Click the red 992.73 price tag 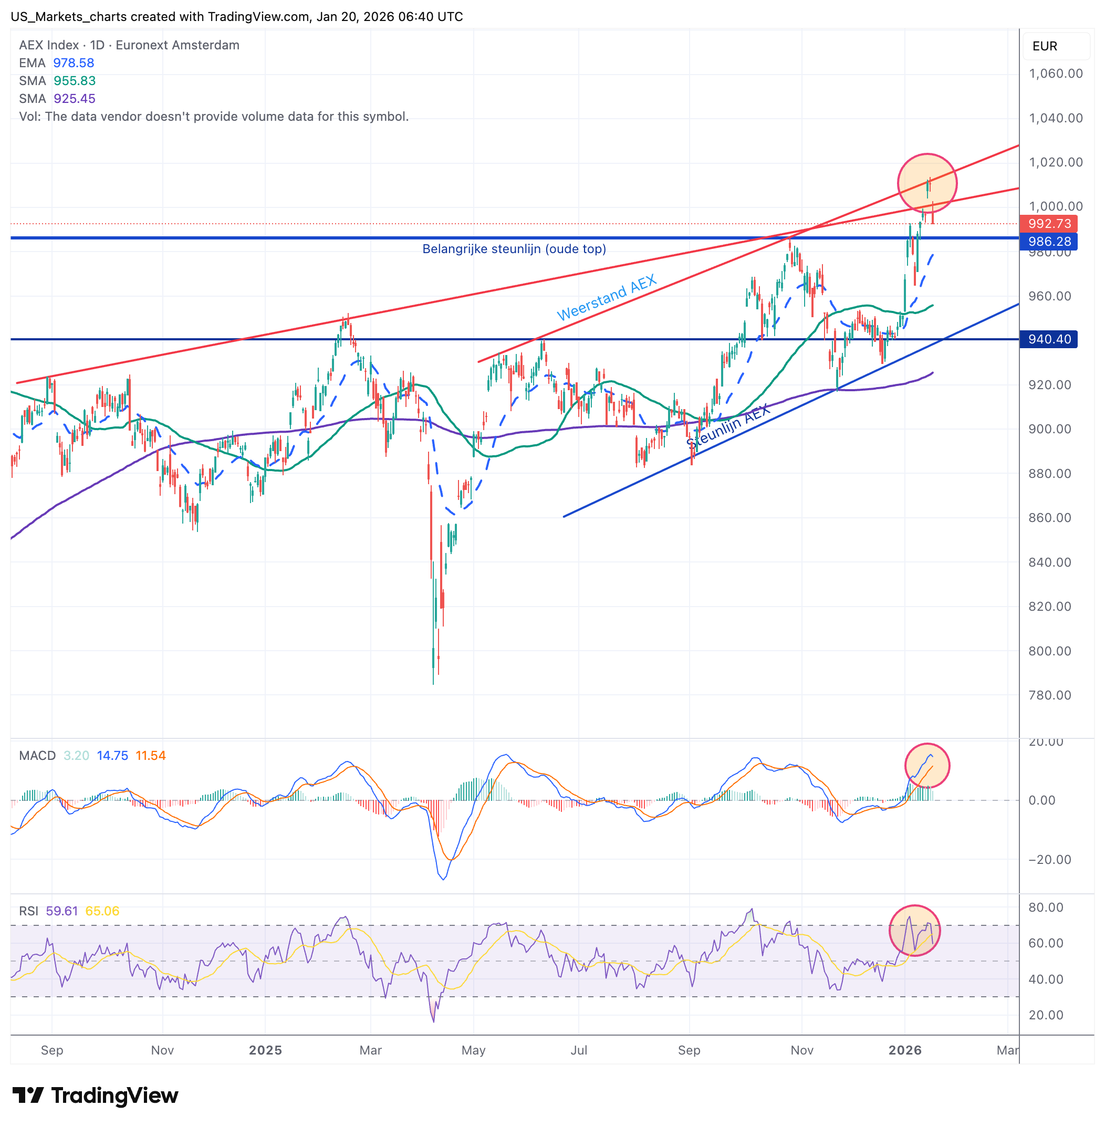coord(1049,223)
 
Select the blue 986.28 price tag coord(1049,242)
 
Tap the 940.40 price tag coord(1049,339)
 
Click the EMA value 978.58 coord(74,62)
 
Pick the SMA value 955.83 coord(74,81)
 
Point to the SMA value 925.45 coord(74,99)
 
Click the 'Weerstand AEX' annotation coord(607,297)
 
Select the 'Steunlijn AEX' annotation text coord(729,426)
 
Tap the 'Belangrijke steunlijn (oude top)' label coord(514,249)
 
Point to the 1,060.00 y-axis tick coord(1055,74)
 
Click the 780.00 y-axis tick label coord(1049,695)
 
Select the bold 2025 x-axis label coord(265,1050)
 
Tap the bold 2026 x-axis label coord(905,1050)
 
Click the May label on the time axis coord(474,1050)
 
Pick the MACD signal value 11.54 coord(150,756)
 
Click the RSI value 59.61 coord(61,911)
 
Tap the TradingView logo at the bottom coord(95,1095)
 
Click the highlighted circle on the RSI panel coord(915,930)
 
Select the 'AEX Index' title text coord(49,45)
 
